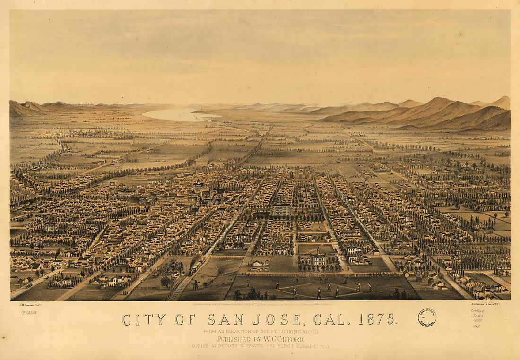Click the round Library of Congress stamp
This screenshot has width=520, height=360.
pyautogui.click(x=427, y=317)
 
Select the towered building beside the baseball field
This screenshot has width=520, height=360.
pyautogui.click(x=317, y=258)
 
